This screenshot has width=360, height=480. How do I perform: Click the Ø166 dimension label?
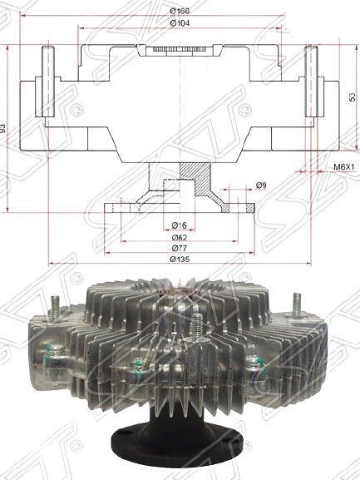click(180, 11)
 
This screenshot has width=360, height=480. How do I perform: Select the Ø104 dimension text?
click(180, 23)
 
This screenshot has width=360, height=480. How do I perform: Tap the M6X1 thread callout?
click(343, 167)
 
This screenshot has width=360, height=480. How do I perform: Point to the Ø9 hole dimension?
click(261, 186)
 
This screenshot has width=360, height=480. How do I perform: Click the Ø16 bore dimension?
click(179, 225)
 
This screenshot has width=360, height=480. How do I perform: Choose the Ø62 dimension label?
click(179, 237)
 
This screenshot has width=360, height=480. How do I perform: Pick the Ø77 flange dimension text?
click(179, 248)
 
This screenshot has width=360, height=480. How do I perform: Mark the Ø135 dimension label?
click(180, 259)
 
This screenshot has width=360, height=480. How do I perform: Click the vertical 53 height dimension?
click(353, 97)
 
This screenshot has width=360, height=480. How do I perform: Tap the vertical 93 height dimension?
click(2, 128)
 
